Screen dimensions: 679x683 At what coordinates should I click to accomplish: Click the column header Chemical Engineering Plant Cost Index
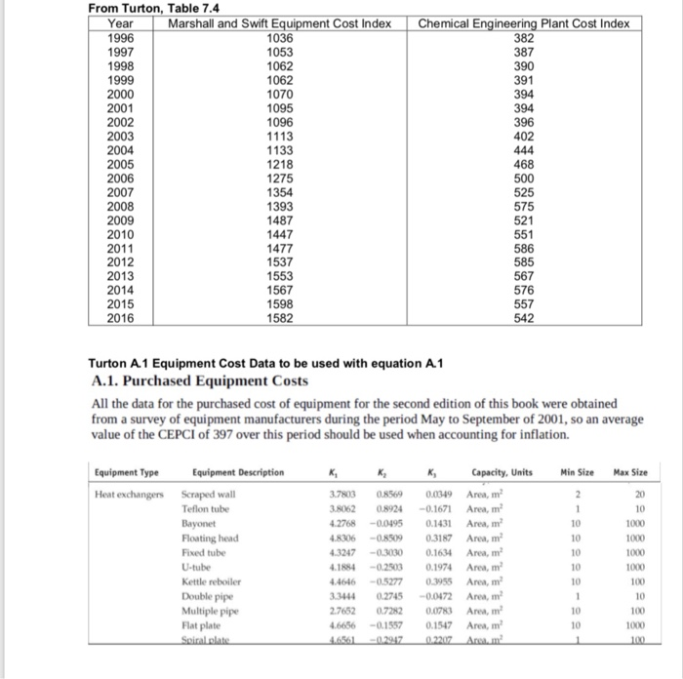pyautogui.click(x=525, y=23)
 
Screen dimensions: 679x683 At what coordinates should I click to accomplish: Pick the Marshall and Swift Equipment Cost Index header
pyautogui.click(x=281, y=23)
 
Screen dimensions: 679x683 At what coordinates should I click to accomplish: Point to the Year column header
pyautogui.click(x=121, y=23)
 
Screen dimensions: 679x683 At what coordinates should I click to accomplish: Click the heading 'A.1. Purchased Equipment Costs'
pyautogui.click(x=198, y=381)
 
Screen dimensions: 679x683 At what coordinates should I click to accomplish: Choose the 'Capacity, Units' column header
pyautogui.click(x=502, y=473)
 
